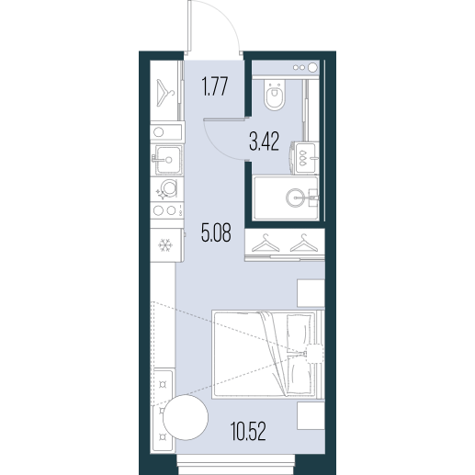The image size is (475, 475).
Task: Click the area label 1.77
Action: [215, 86]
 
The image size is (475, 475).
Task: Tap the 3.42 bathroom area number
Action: [265, 142]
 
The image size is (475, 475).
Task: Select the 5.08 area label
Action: [216, 232]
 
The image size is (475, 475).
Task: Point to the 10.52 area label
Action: [248, 431]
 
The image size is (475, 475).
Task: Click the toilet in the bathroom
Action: [275, 95]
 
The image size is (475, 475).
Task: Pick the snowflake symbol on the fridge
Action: [165, 245]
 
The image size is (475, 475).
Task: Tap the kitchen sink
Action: [168, 159]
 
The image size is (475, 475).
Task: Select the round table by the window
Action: [186, 417]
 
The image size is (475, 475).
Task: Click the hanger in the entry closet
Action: [164, 93]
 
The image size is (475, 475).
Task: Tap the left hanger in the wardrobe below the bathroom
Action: [266, 243]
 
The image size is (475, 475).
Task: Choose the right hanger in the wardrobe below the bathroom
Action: [304, 243]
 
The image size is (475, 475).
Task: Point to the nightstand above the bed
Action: [311, 293]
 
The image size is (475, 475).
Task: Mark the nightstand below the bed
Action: [311, 415]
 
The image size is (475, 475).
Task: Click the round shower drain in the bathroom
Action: [296, 198]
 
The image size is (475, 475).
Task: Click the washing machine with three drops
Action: [303, 158]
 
